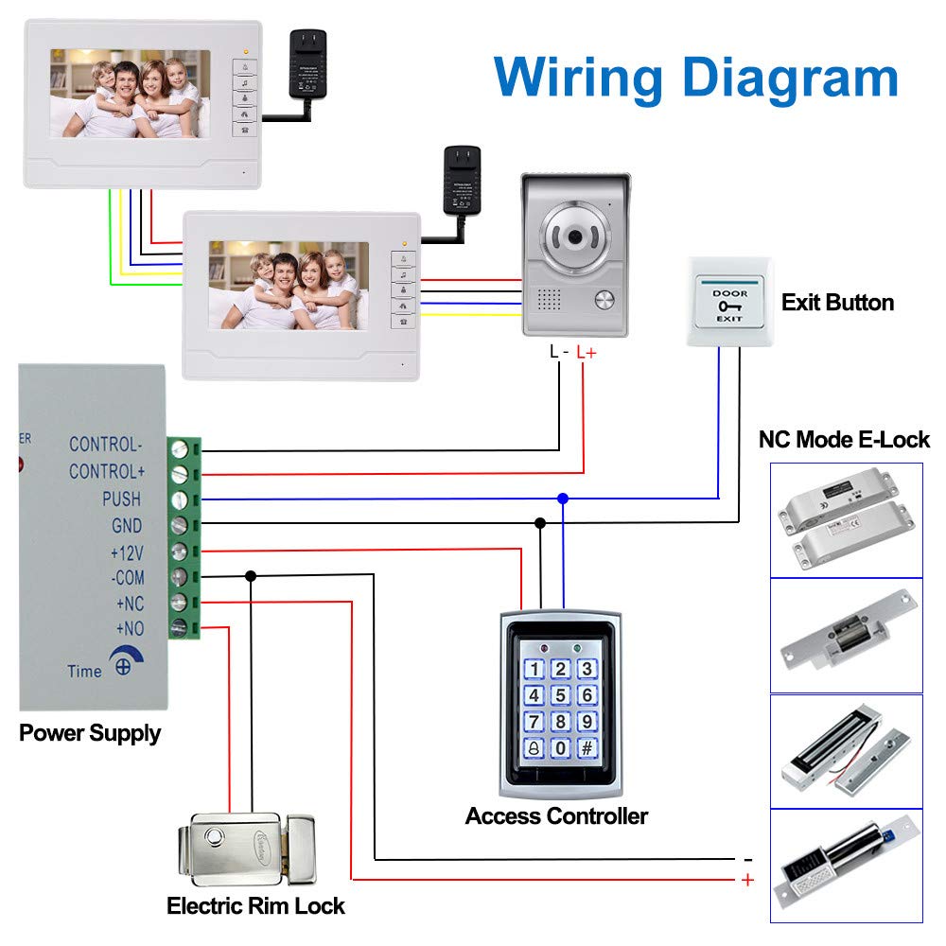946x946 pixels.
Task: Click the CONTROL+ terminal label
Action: (107, 471)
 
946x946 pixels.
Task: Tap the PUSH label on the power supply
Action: (121, 499)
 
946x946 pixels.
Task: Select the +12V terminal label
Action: (126, 552)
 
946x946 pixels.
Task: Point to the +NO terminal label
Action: (129, 627)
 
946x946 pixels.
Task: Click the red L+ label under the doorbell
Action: (587, 352)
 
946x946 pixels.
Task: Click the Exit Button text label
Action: (837, 303)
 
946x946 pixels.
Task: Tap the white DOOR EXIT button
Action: (729, 303)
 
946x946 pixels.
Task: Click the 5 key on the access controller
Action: (560, 695)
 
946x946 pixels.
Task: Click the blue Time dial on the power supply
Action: (122, 664)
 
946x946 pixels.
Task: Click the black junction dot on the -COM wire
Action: (251, 575)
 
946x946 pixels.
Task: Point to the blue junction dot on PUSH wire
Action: (563, 498)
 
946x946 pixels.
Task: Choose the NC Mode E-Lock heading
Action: (844, 440)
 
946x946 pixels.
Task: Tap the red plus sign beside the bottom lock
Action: (747, 880)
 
